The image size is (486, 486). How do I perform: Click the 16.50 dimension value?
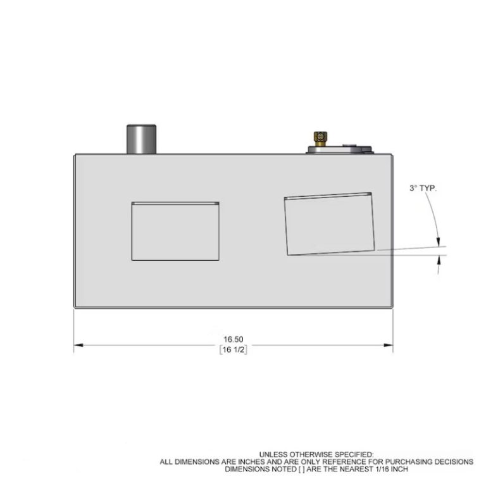click(x=233, y=339)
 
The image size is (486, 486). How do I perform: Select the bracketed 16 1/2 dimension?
click(x=233, y=350)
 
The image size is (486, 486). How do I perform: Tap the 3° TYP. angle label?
click(x=423, y=189)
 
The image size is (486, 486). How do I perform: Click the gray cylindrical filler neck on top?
click(x=140, y=139)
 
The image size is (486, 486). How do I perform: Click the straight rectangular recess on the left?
click(x=175, y=232)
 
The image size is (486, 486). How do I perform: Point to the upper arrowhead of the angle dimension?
click(x=439, y=241)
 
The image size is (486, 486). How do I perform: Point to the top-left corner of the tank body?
click(x=75, y=154)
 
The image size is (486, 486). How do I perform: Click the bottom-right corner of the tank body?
click(x=392, y=308)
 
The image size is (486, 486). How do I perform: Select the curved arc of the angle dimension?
click(x=433, y=215)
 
